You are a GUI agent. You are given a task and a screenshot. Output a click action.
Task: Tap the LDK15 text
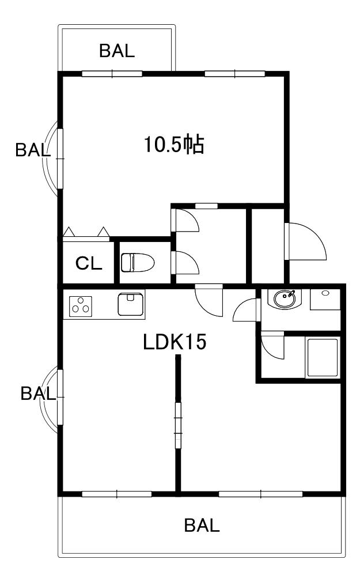(x=175, y=343)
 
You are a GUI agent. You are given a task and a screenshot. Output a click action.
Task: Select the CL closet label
(x=89, y=264)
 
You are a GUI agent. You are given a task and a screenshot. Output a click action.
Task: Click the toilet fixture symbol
(x=137, y=263)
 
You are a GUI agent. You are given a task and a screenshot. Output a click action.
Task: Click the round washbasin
(x=285, y=299)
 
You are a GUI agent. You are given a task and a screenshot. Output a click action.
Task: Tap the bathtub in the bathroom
(x=323, y=358)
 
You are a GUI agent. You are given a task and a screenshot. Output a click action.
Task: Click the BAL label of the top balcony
(x=117, y=51)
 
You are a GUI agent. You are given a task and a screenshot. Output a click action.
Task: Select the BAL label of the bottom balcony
(x=202, y=526)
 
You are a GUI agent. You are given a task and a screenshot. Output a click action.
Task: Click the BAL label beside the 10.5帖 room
(x=33, y=150)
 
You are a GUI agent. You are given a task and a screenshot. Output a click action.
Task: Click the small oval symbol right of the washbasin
(x=325, y=293)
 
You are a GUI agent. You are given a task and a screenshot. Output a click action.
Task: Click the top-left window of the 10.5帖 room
(x=112, y=73)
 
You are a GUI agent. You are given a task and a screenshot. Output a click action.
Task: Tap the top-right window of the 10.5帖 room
(x=234, y=73)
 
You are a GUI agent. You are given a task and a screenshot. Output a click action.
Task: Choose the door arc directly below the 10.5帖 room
(x=185, y=220)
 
